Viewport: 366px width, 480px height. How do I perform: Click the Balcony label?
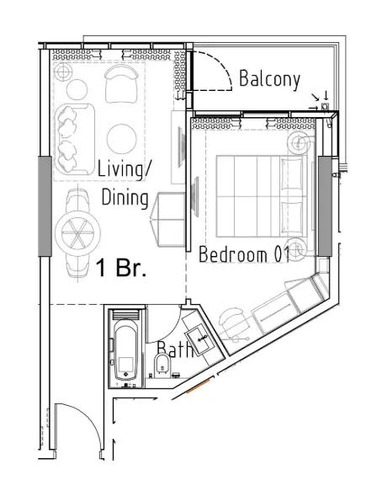point(269,79)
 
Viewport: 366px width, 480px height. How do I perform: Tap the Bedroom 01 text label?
point(244,254)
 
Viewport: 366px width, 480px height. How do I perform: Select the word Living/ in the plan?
point(125,168)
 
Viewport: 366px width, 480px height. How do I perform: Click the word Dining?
point(125,199)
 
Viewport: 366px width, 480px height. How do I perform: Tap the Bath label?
point(176,349)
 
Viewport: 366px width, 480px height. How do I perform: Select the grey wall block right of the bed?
point(323,205)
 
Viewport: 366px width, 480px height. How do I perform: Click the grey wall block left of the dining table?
point(45,205)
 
